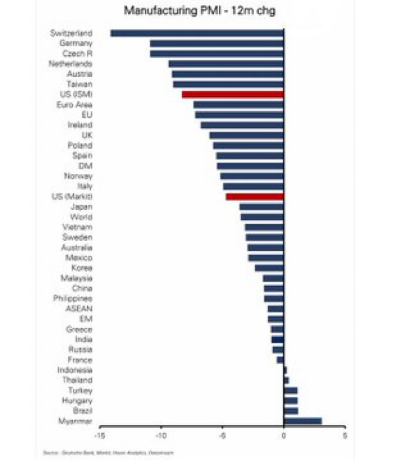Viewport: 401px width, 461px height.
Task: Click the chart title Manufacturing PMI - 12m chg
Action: [199, 11]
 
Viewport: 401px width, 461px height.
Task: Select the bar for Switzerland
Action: [197, 33]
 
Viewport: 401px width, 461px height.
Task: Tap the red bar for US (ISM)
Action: [233, 95]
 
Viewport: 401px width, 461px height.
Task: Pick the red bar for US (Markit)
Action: [255, 196]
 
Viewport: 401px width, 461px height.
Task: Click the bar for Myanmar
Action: [303, 421]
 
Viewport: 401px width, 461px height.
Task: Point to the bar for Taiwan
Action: [228, 84]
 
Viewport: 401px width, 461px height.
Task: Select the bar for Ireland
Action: [242, 125]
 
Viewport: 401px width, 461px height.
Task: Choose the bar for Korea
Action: [269, 268]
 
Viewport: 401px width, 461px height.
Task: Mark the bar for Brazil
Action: [291, 411]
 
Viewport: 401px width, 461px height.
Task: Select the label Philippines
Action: [73, 298]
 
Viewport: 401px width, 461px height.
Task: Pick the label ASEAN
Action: [79, 309]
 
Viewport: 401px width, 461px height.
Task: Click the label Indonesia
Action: [75, 370]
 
